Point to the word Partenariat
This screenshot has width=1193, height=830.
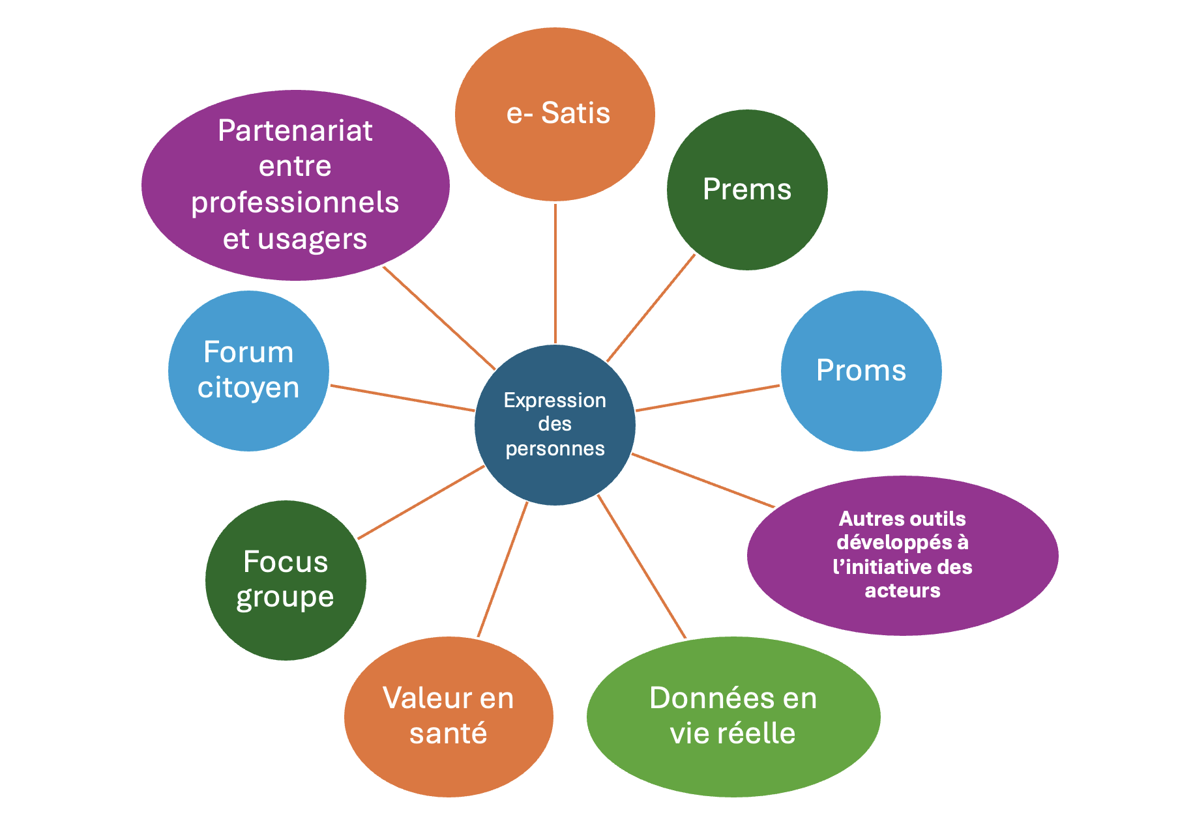[295, 131]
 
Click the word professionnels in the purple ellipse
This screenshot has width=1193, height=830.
[295, 203]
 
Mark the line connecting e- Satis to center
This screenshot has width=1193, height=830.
[555, 274]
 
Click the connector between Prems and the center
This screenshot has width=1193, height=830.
[651, 308]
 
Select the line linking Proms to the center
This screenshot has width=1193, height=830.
[707, 398]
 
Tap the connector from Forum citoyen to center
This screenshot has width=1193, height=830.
[402, 398]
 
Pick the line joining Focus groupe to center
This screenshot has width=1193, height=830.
[420, 502]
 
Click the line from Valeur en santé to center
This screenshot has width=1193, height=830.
[502, 569]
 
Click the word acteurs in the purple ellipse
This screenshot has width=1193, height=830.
[903, 591]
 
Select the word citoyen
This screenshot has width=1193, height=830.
[248, 388]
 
